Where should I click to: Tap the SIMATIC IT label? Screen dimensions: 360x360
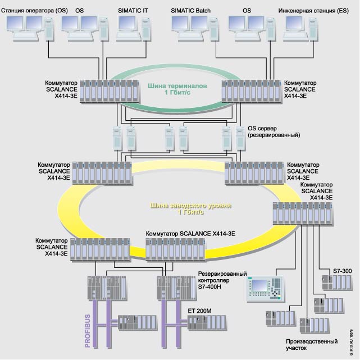pos(133,10)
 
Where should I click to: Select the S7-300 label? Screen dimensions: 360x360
pos(342,271)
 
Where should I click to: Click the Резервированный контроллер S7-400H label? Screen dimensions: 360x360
pos(221,280)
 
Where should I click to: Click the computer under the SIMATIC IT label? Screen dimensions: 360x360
pos(133,28)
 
